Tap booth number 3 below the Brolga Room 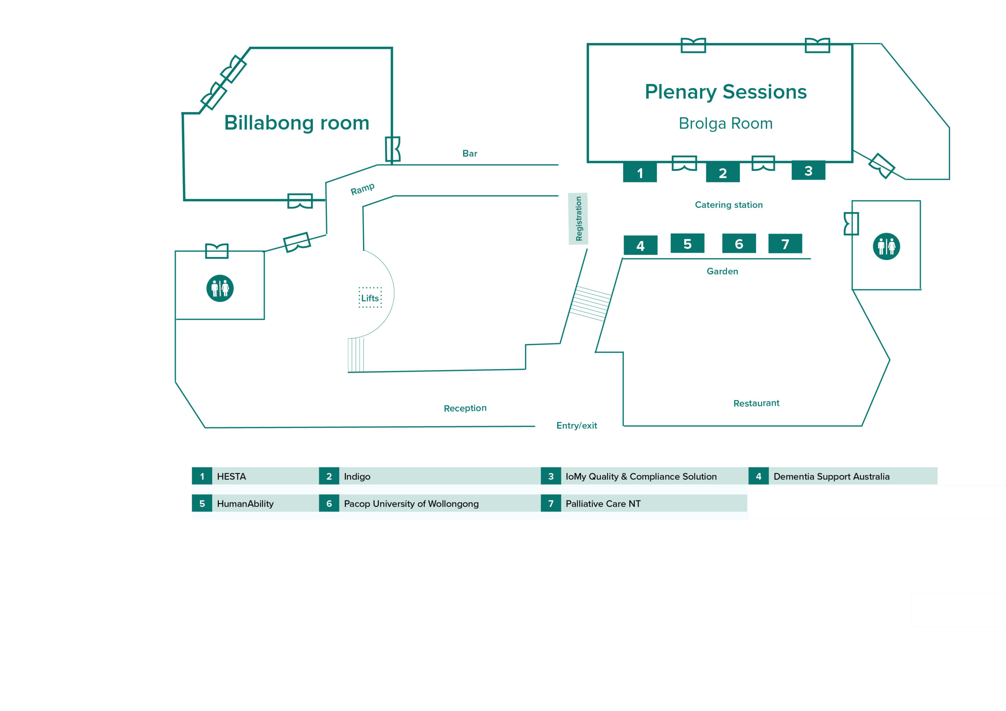[x=808, y=170]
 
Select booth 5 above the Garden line [x=687, y=244]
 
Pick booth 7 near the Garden [x=785, y=244]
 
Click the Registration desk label [x=578, y=218]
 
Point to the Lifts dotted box [x=370, y=298]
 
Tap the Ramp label [x=363, y=189]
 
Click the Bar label [x=470, y=153]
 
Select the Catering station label [x=729, y=205]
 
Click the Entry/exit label [x=576, y=425]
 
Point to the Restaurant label [x=756, y=403]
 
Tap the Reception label [x=465, y=408]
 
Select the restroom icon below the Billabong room [x=220, y=288]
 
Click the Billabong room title [x=297, y=123]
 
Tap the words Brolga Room [x=725, y=123]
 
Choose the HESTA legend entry [x=231, y=476]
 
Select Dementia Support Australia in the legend [x=831, y=476]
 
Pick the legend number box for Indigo [x=329, y=476]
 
